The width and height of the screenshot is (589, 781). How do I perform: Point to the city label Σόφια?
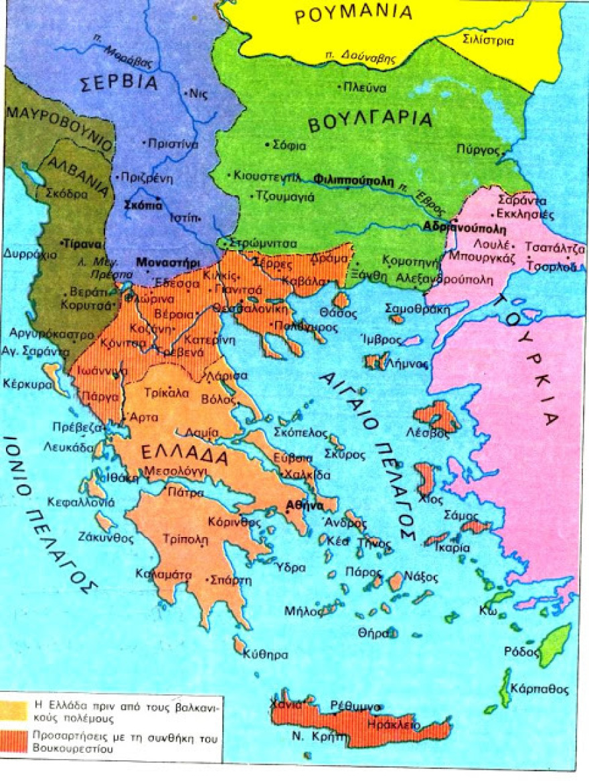pos(290,144)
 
